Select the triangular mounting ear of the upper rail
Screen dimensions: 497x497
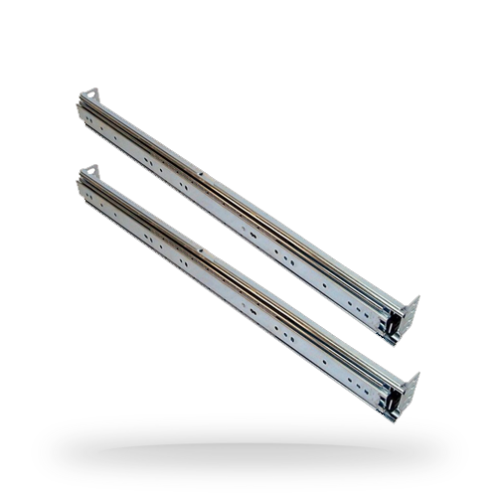click(89, 95)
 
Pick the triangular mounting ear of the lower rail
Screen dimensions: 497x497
click(89, 173)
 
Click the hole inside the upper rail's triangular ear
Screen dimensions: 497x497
click(91, 95)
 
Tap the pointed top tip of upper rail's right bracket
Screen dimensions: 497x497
click(416, 297)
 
